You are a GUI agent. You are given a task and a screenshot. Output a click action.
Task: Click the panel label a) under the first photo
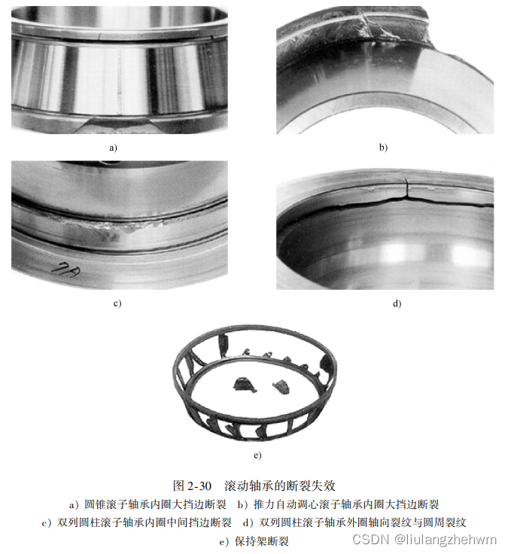click(114, 148)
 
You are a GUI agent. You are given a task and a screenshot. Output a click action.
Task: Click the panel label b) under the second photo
click(383, 148)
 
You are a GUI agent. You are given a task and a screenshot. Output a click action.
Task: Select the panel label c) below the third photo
click(117, 303)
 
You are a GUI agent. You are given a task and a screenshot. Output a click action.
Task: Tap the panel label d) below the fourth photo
click(397, 303)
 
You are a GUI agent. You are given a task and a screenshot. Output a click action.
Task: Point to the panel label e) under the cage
click(257, 455)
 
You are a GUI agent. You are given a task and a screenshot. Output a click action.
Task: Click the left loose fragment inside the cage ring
click(245, 385)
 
